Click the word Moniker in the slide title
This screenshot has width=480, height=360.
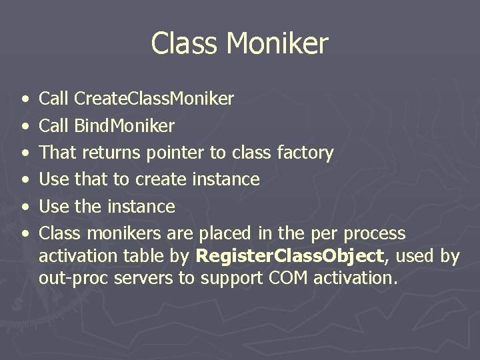[277, 44]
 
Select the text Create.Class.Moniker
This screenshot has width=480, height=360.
[154, 99]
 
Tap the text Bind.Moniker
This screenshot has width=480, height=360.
[125, 126]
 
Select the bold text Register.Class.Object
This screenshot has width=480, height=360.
[289, 257]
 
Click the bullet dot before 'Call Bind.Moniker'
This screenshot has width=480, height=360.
[25, 126]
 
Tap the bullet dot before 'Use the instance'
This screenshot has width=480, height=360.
[25, 207]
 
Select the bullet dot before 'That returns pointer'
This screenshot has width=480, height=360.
[25, 153]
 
